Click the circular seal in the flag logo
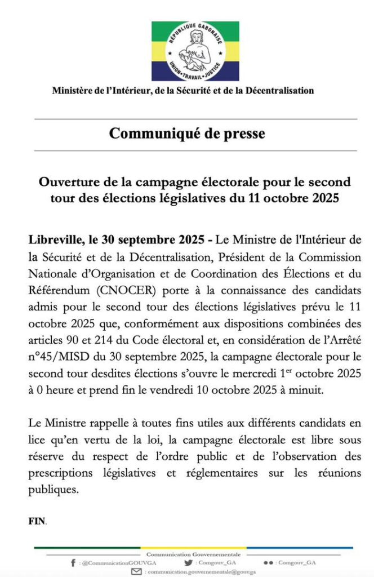pyautogui.click(x=195, y=51)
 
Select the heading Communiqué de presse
pyautogui.click(x=187, y=134)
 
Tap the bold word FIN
pyautogui.click(x=37, y=522)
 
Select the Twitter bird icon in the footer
pyautogui.click(x=188, y=563)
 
